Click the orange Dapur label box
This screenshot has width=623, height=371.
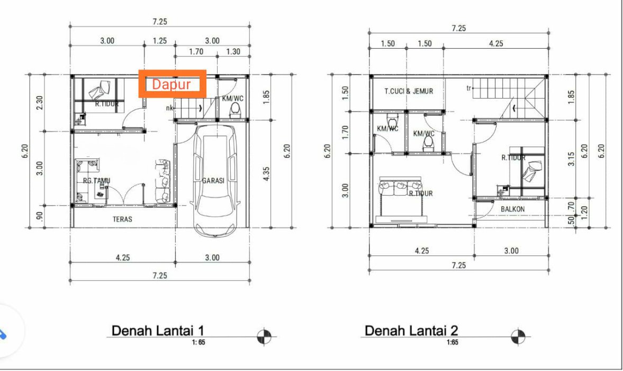pos(173,84)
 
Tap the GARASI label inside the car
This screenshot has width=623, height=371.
pos(213,181)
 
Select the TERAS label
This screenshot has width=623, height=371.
pos(122,219)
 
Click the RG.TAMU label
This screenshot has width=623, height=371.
pos(96,181)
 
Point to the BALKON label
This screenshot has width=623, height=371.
pos(512,209)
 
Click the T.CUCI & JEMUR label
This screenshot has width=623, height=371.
pos(409,91)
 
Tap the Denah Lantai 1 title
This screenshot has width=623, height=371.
pos(158,330)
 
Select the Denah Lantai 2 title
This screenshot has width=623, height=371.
pos(411,330)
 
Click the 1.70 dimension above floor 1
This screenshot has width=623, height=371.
pos(196,52)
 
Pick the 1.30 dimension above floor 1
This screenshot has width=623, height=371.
pos(233,52)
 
